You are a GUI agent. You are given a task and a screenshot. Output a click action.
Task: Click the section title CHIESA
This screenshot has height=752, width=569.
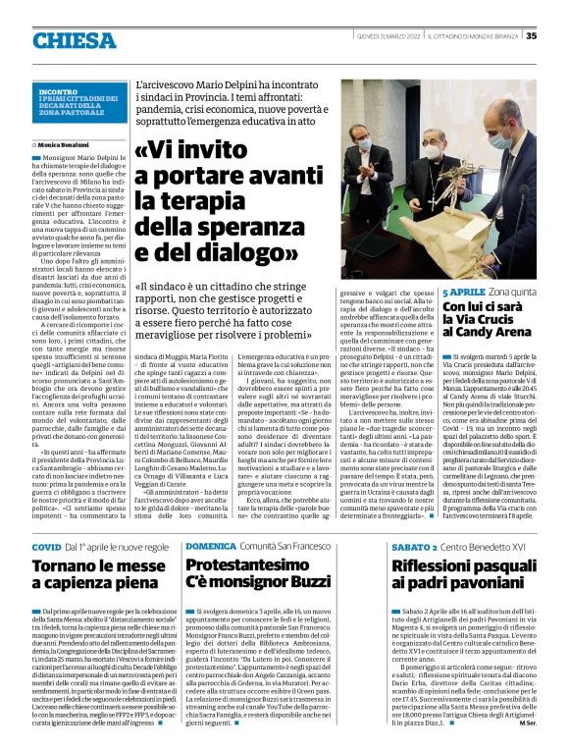click(75, 40)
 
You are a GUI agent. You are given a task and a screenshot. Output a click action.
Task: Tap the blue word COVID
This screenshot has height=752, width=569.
click(46, 545)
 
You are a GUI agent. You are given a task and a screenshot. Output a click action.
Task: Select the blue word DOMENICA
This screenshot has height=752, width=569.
click(210, 545)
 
